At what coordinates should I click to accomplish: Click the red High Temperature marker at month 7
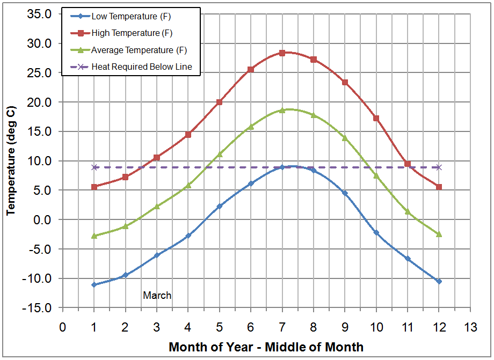click(282, 53)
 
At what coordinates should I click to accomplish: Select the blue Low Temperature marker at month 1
click(94, 285)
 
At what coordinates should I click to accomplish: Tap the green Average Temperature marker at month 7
click(282, 110)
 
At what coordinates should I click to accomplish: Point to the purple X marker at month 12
click(439, 167)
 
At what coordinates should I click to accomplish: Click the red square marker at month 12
click(439, 187)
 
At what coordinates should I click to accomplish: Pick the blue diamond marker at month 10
click(376, 233)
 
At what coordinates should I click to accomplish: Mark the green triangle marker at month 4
click(188, 185)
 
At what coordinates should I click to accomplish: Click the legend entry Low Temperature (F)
click(131, 17)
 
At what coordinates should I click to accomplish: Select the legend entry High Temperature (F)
click(132, 33)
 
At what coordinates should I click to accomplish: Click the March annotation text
click(157, 295)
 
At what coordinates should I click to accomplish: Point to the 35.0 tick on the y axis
click(40, 14)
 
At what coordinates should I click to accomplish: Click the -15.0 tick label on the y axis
click(38, 308)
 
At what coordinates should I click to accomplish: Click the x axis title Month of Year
click(266, 347)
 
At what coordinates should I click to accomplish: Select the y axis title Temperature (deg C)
click(10, 161)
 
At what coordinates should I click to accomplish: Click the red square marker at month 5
click(219, 102)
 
